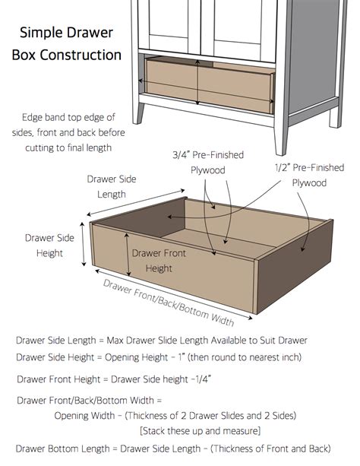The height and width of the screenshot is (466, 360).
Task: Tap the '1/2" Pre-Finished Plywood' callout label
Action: tap(309, 175)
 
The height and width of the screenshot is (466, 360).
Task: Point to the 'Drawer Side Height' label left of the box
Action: tap(49, 245)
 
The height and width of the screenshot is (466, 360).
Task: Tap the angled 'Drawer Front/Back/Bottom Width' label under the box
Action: tap(169, 300)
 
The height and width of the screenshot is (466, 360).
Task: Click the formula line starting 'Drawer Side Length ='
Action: tap(161, 340)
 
